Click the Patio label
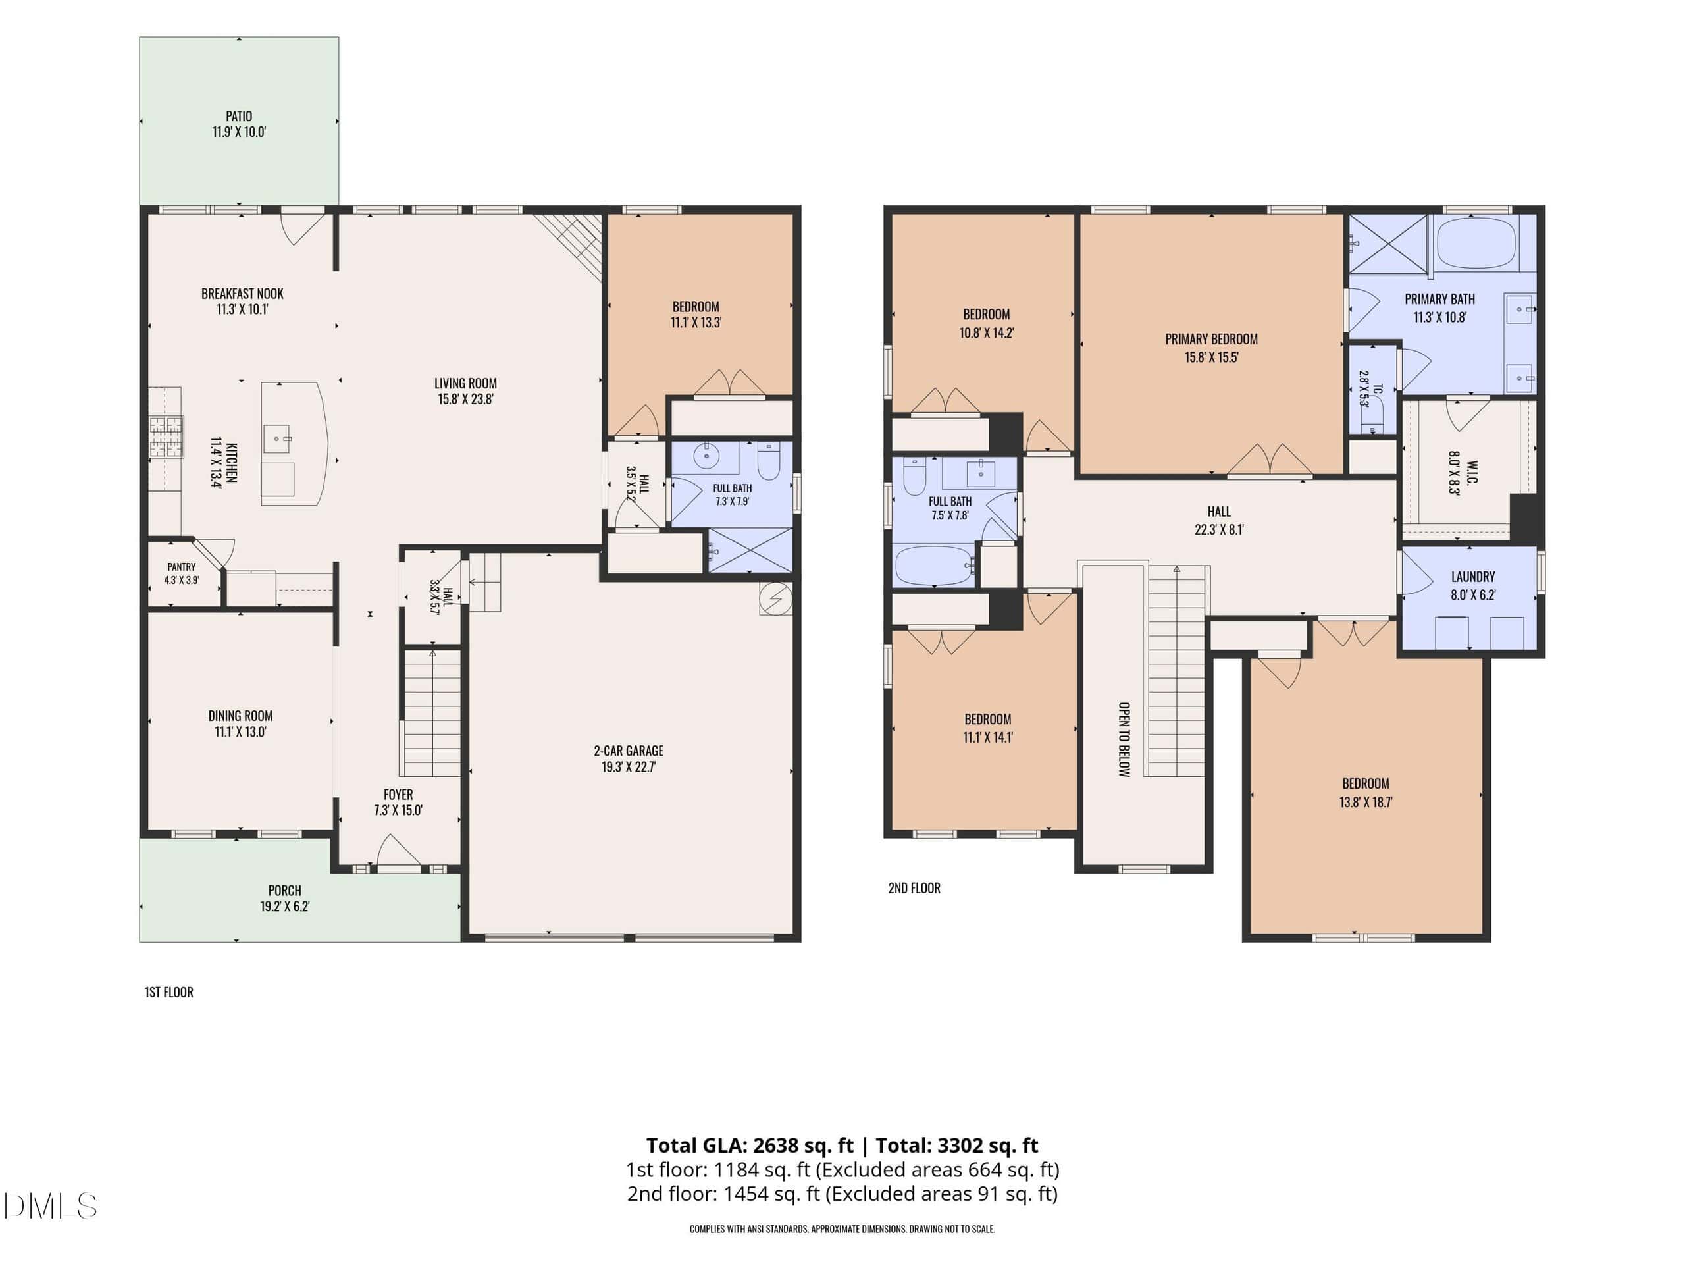(x=238, y=116)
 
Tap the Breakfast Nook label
(x=242, y=294)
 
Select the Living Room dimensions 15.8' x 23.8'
(x=465, y=398)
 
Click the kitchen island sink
(x=277, y=439)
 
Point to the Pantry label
(x=181, y=567)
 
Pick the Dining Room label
(x=241, y=716)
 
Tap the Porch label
(x=285, y=890)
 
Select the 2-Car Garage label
(x=629, y=750)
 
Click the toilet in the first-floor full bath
(x=769, y=461)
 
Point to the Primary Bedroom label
(x=1211, y=339)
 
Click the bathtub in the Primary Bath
(x=1476, y=242)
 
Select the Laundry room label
(x=1472, y=577)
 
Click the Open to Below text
(x=1124, y=739)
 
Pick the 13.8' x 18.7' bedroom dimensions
(x=1366, y=802)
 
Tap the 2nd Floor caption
(x=914, y=887)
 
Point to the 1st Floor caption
(x=169, y=992)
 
